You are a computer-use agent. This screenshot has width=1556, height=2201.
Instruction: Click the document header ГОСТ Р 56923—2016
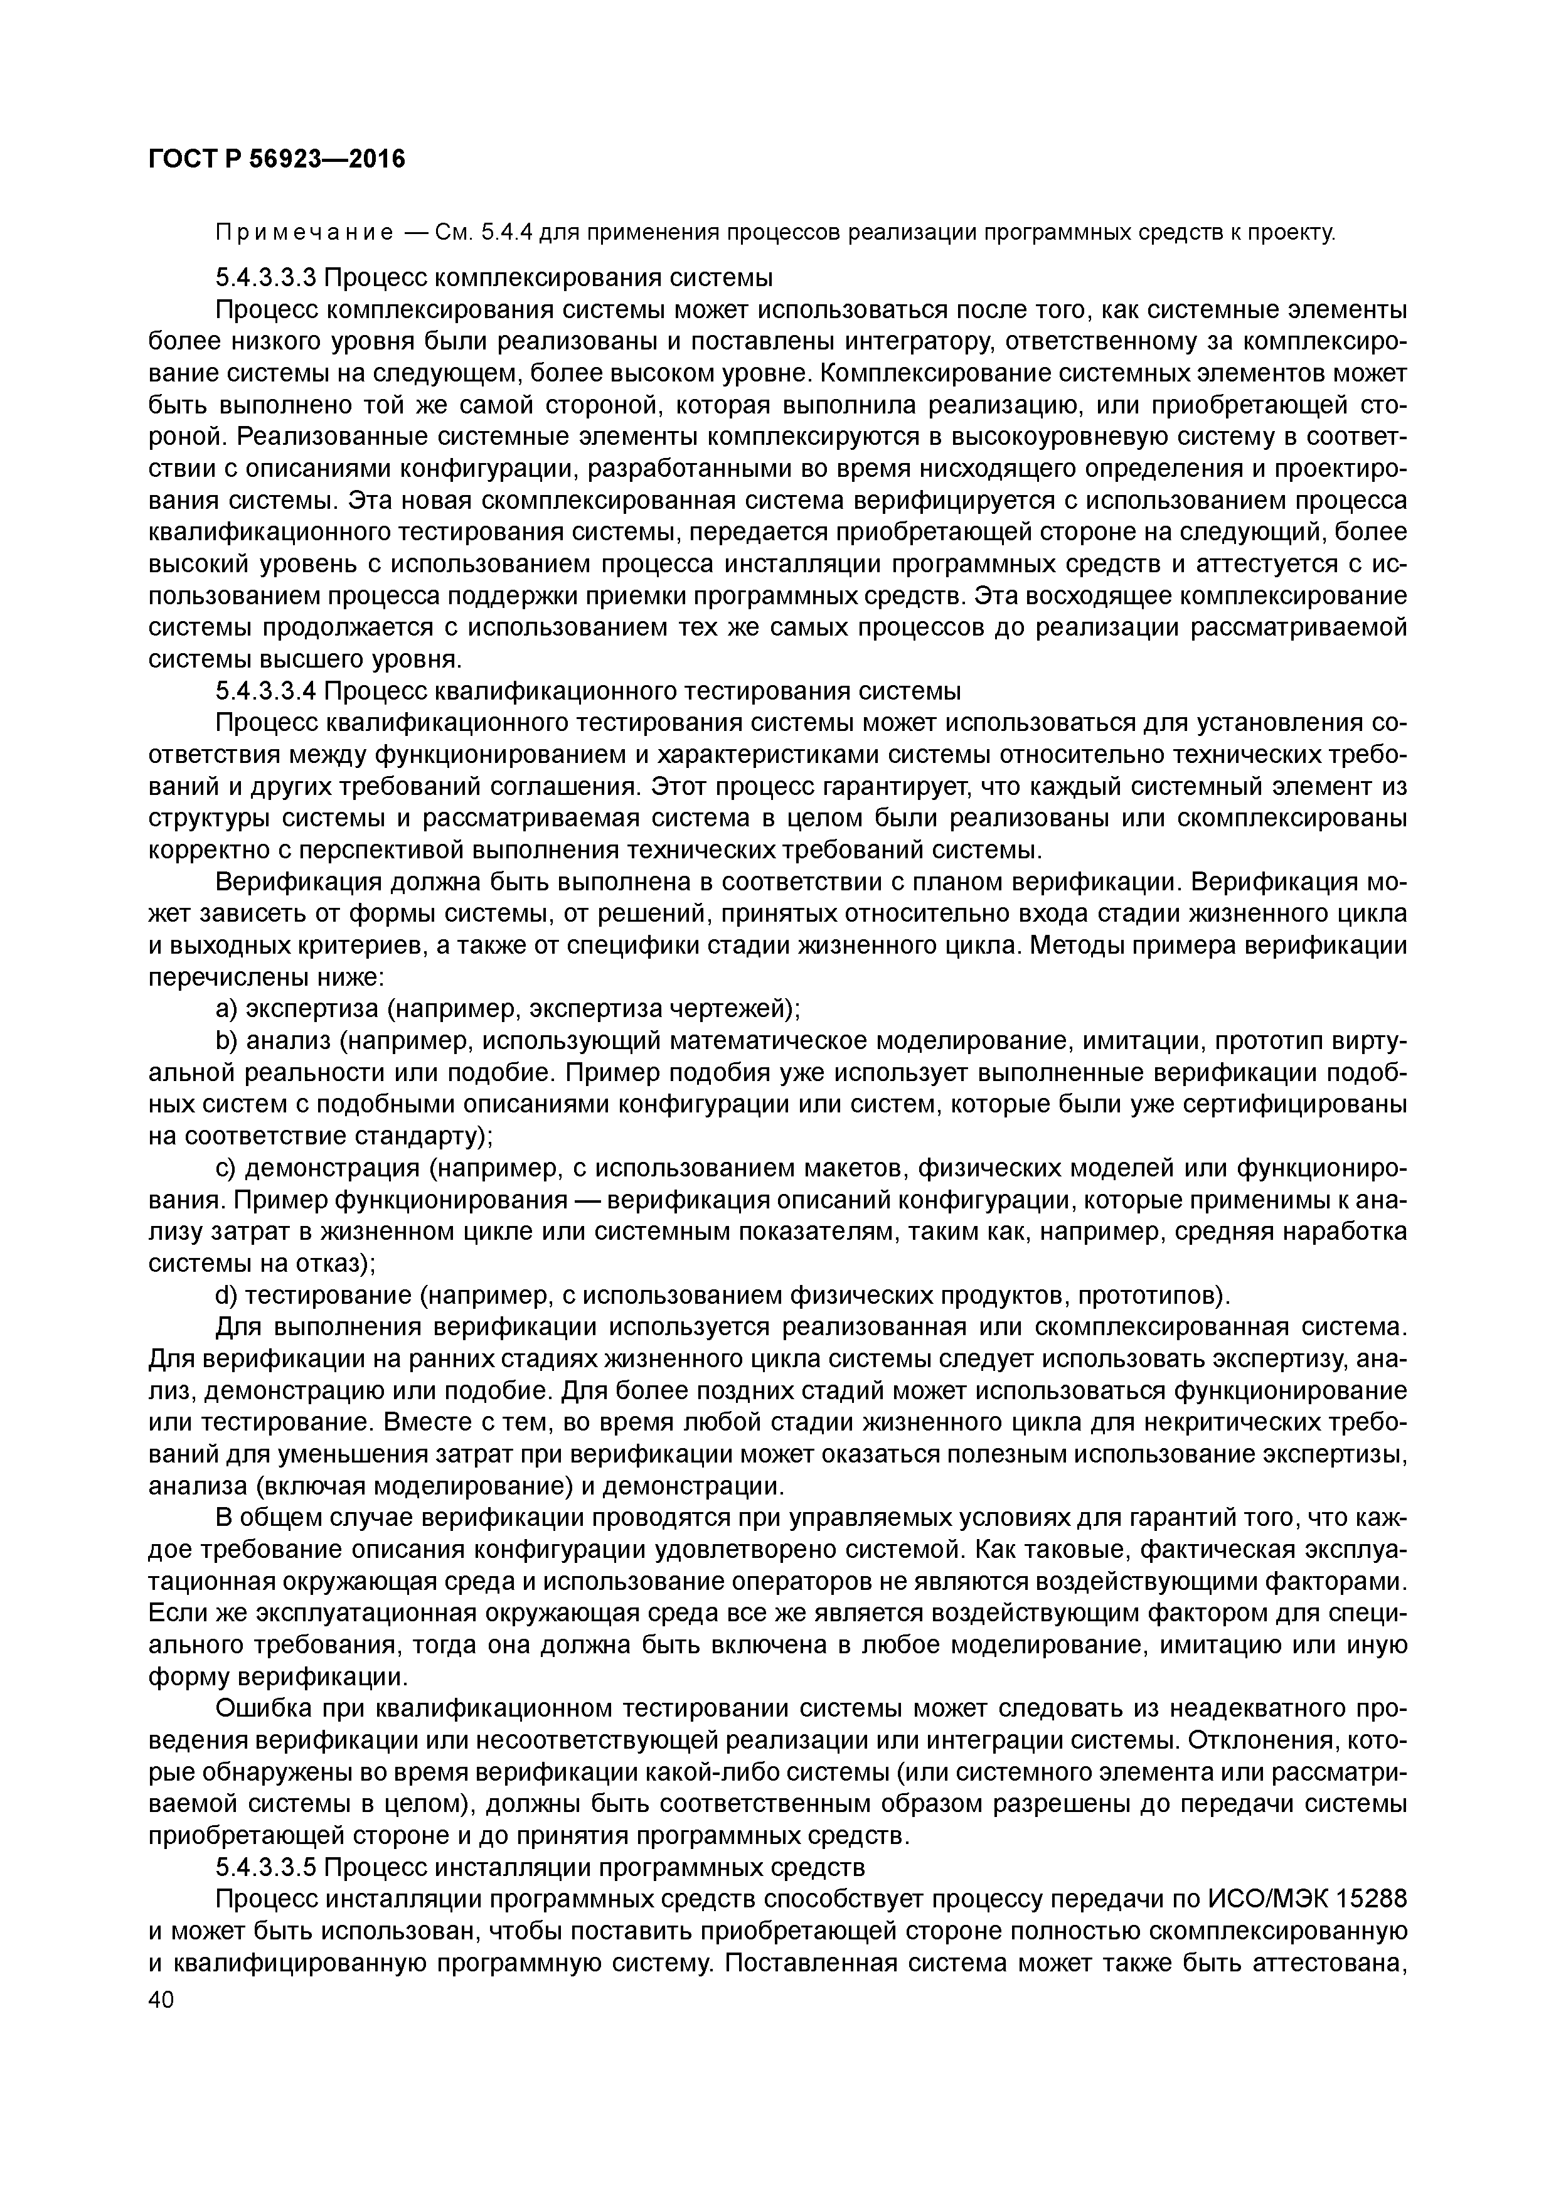[277, 159]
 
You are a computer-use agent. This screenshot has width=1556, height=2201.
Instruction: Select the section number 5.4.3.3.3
[265, 278]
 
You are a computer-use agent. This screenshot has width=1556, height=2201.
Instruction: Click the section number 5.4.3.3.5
[265, 1867]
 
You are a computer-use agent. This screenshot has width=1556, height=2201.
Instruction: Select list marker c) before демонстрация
[226, 1168]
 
